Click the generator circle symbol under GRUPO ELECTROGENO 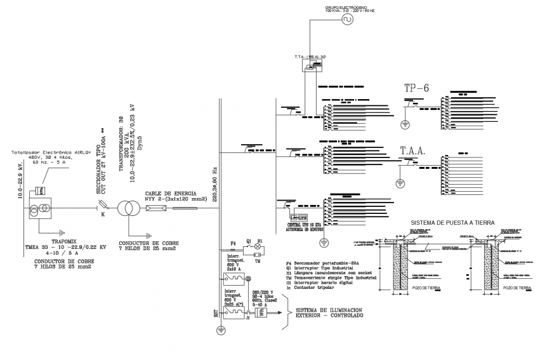click(x=347, y=20)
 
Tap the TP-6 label click(x=416, y=88)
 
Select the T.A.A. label click(x=412, y=151)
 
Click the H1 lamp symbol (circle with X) click(x=257, y=246)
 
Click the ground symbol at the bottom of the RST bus click(x=220, y=330)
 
